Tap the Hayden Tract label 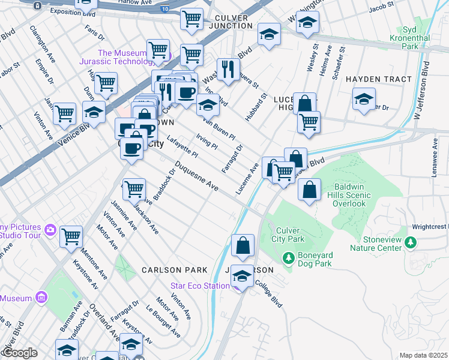tap(378, 79)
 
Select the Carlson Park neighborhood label tap(174, 270)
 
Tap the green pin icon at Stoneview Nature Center tap(411, 243)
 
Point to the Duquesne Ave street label tap(196, 176)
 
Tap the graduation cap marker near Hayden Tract tap(364, 98)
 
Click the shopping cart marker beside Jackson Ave tap(134, 189)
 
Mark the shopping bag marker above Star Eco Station tap(243, 245)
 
